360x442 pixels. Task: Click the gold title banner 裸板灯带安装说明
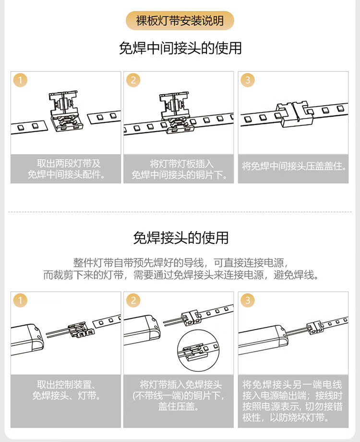pyautogui.click(x=180, y=21)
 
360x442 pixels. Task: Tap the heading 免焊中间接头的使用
pyautogui.click(x=180, y=48)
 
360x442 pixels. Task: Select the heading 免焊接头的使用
pyautogui.click(x=180, y=238)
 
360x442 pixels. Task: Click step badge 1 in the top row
pyautogui.click(x=20, y=80)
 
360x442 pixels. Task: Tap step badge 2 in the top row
pyautogui.click(x=133, y=80)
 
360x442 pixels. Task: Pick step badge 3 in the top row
pyautogui.click(x=248, y=80)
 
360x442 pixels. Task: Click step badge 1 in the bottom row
pyautogui.click(x=20, y=300)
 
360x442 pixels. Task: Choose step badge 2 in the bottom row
pyautogui.click(x=133, y=300)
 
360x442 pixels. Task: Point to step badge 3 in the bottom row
pyautogui.click(x=248, y=300)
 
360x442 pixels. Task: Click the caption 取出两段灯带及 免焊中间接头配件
pyautogui.click(x=66, y=169)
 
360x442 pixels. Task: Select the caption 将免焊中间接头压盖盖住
pyautogui.click(x=294, y=166)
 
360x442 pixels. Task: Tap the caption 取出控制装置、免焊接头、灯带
pyautogui.click(x=66, y=390)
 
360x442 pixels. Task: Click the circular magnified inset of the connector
pyautogui.click(x=199, y=350)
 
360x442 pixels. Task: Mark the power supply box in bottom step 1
pyautogui.click(x=27, y=339)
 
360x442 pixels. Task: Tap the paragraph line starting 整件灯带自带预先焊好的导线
pyautogui.click(x=180, y=263)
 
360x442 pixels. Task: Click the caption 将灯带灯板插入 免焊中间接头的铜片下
pyautogui.click(x=179, y=169)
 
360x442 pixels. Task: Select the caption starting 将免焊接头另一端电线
pyautogui.click(x=293, y=401)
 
